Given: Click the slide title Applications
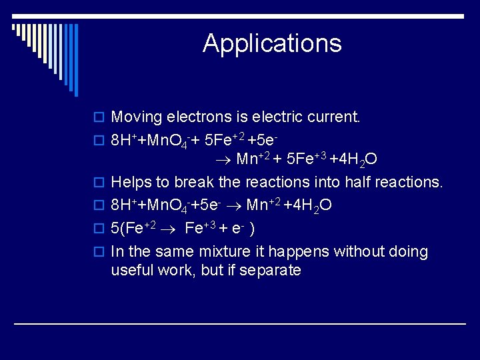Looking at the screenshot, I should coord(272,43).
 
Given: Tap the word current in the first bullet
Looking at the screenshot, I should coord(337,117).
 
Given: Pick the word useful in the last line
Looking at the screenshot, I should coord(133,270).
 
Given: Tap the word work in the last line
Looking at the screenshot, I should coord(175,270).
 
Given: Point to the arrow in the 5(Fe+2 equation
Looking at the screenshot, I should coord(170,228).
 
